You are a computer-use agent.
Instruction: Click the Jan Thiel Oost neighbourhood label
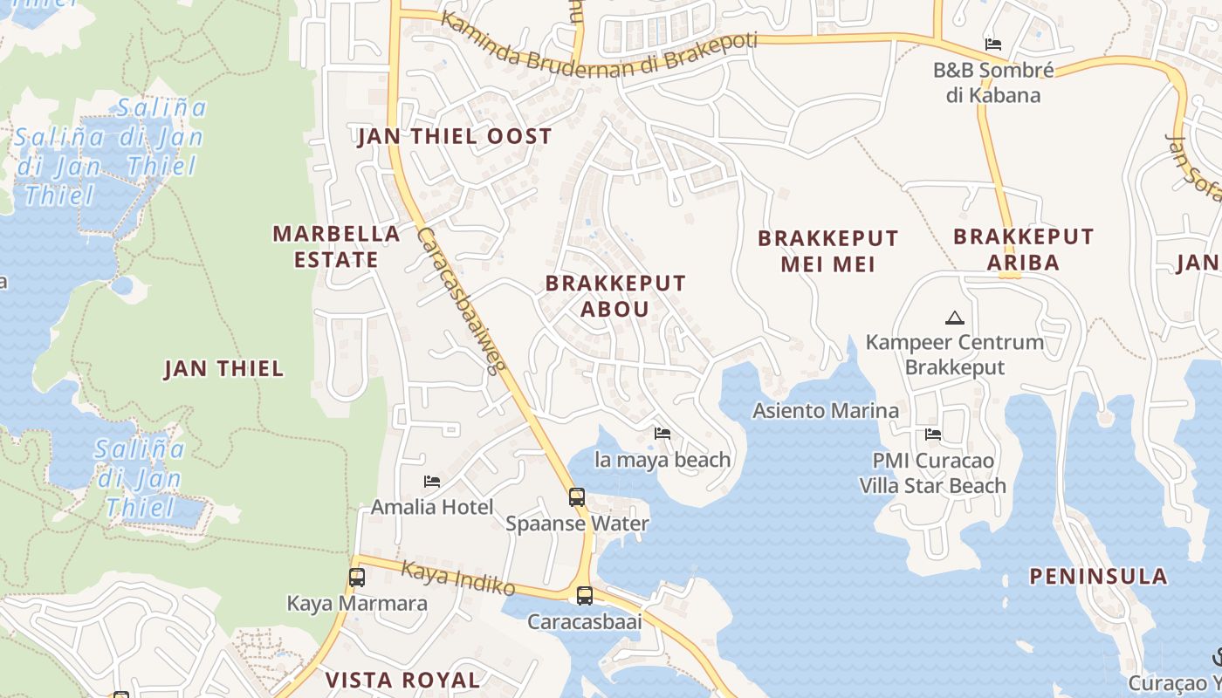(x=455, y=136)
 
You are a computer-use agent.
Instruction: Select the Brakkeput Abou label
(x=615, y=296)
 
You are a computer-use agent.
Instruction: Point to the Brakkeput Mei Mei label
(x=827, y=250)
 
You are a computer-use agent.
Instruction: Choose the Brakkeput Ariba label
(x=1023, y=249)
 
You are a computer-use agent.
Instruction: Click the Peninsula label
(x=1098, y=576)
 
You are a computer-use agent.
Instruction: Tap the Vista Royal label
(x=402, y=680)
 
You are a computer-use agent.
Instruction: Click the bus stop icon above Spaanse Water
(x=577, y=497)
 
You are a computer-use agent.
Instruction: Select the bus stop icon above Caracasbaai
(x=585, y=596)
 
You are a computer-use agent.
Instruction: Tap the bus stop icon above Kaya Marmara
(x=357, y=577)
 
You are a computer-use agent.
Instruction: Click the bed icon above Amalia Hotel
(x=431, y=481)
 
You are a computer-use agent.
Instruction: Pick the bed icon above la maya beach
(x=662, y=433)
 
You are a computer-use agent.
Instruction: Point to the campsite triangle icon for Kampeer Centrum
(x=954, y=318)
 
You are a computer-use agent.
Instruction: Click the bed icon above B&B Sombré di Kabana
(x=993, y=44)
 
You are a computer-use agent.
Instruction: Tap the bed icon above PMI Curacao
(x=933, y=435)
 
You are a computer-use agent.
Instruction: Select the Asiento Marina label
(x=826, y=410)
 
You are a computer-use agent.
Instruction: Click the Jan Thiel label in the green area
(x=223, y=368)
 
